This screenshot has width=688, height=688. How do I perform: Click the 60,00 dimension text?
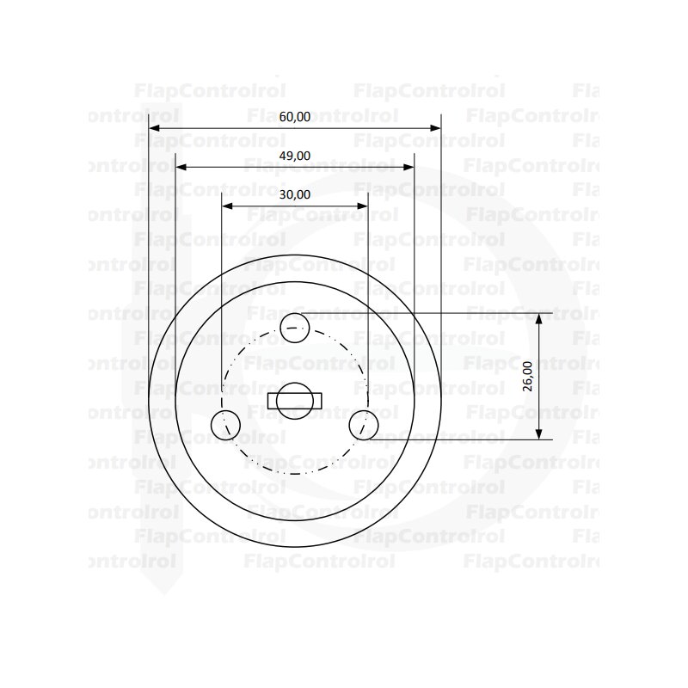tap(295, 117)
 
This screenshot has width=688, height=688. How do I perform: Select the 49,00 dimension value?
tap(295, 156)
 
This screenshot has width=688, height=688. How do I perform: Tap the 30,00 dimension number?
tap(295, 194)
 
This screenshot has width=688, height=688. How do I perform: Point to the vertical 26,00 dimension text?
tap(527, 376)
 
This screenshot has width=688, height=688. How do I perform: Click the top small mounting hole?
tap(295, 328)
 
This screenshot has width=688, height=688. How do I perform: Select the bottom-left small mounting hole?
tap(225, 425)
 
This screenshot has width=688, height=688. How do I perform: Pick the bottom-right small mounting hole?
tap(364, 425)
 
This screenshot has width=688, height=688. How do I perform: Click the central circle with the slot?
tap(295, 401)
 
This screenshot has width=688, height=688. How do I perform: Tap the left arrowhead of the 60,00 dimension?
tap(154, 128)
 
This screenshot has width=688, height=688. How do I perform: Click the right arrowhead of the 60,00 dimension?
tap(435, 128)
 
